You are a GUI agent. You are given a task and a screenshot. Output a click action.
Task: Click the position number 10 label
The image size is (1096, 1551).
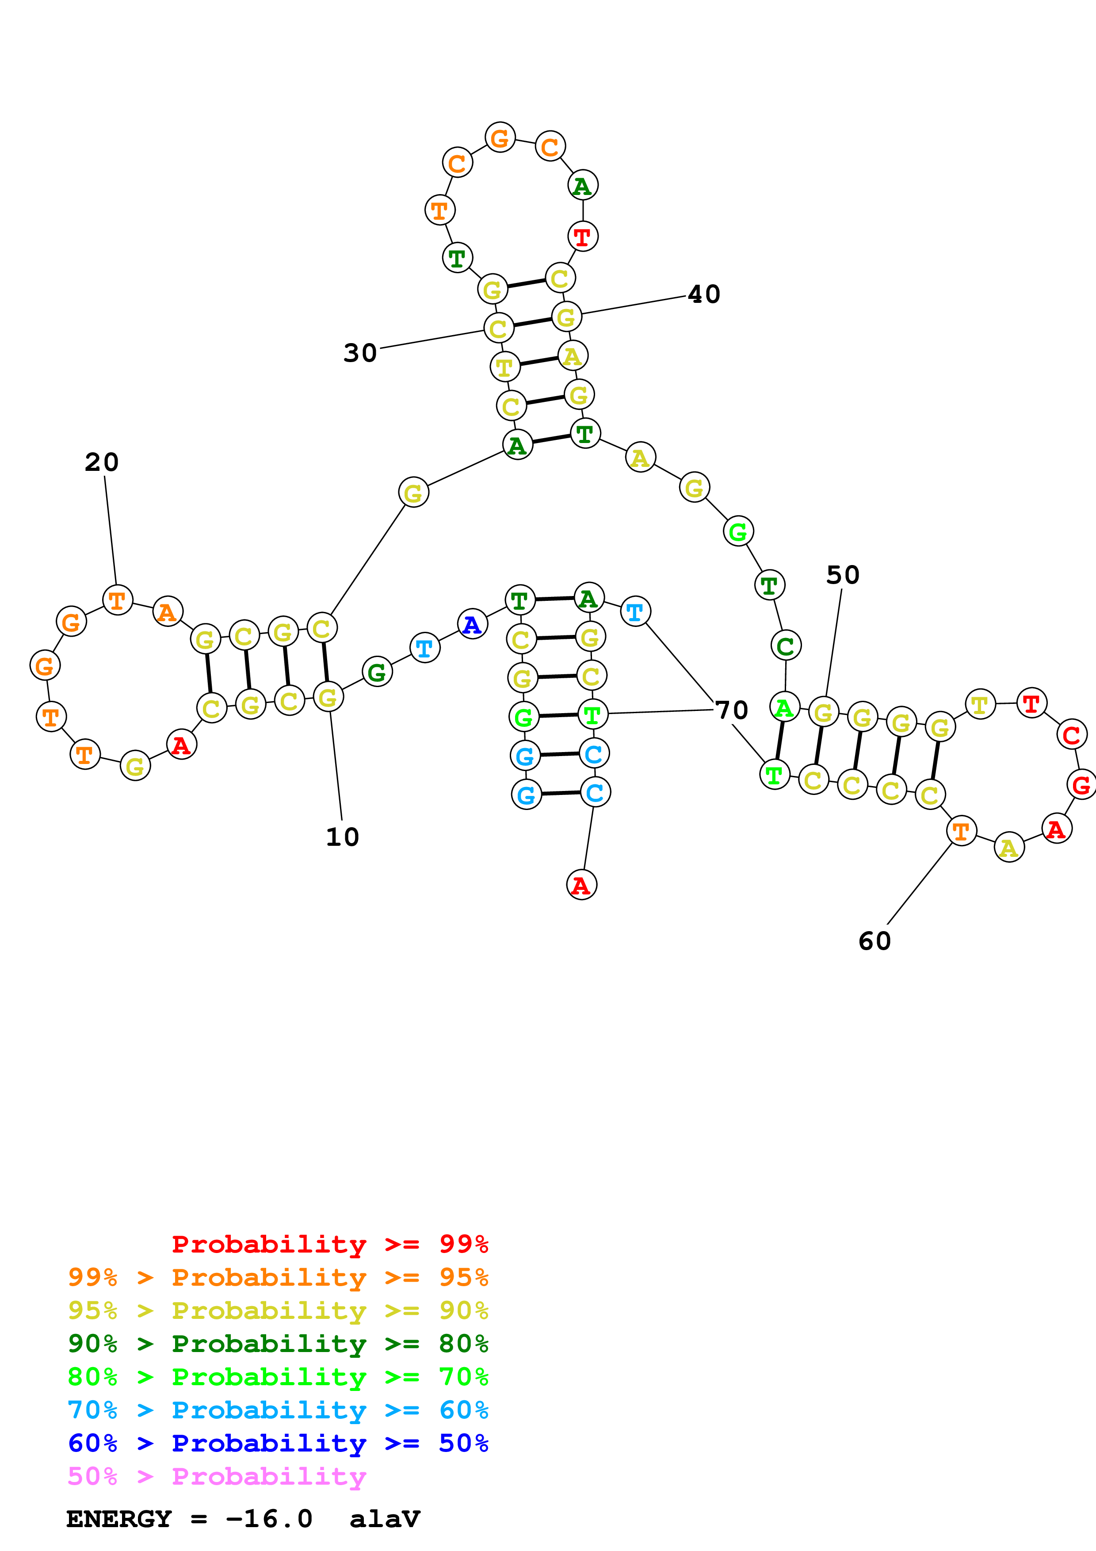coord(342,837)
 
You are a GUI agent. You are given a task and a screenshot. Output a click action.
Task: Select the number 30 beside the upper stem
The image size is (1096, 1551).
coord(360,353)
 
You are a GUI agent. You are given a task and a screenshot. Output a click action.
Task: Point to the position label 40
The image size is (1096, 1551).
coord(704,294)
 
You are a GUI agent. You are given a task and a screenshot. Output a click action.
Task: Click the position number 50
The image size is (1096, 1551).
coord(843,575)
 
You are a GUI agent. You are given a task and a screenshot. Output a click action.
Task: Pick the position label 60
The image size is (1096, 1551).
coord(875,941)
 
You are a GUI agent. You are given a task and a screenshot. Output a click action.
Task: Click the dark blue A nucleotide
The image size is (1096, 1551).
coord(472,624)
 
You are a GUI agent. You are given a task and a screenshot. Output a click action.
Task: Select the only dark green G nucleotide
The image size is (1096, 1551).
coord(377,672)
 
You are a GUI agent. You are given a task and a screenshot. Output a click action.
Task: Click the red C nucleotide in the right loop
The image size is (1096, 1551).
coord(1071,735)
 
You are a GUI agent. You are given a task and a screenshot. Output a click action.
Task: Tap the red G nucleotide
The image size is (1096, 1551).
coord(1081,785)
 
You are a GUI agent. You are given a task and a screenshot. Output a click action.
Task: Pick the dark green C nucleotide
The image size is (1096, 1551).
coord(785,646)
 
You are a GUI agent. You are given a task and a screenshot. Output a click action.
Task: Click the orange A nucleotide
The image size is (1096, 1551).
coord(168,612)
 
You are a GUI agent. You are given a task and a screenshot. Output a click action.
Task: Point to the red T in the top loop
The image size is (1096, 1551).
coord(582,237)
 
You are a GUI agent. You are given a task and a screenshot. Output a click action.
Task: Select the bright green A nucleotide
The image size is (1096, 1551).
coord(784,708)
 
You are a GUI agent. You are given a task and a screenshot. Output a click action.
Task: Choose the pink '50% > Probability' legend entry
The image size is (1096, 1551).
coord(217,1476)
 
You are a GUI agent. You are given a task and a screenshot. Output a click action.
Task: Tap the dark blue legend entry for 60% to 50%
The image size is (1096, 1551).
coord(278,1443)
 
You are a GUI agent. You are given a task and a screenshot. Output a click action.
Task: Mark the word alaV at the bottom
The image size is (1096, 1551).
coord(385,1519)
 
